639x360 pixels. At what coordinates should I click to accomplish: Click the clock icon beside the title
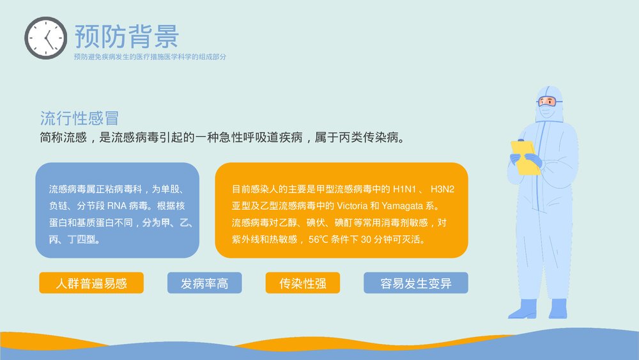click(x=45, y=38)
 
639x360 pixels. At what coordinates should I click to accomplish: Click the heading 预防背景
click(x=127, y=36)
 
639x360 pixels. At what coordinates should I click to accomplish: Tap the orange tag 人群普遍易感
click(x=91, y=283)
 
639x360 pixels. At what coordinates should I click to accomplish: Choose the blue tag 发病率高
click(x=204, y=283)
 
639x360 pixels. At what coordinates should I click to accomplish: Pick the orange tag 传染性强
click(x=303, y=283)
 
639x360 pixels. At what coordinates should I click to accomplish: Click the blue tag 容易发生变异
click(x=416, y=283)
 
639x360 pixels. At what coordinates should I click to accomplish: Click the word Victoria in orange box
click(x=350, y=207)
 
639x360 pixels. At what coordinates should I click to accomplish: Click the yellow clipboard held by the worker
click(x=525, y=157)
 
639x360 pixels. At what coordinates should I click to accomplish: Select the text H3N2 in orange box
click(x=443, y=190)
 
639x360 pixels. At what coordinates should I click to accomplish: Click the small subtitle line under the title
click(x=150, y=57)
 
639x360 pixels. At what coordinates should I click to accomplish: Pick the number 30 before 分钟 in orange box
click(x=367, y=240)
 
